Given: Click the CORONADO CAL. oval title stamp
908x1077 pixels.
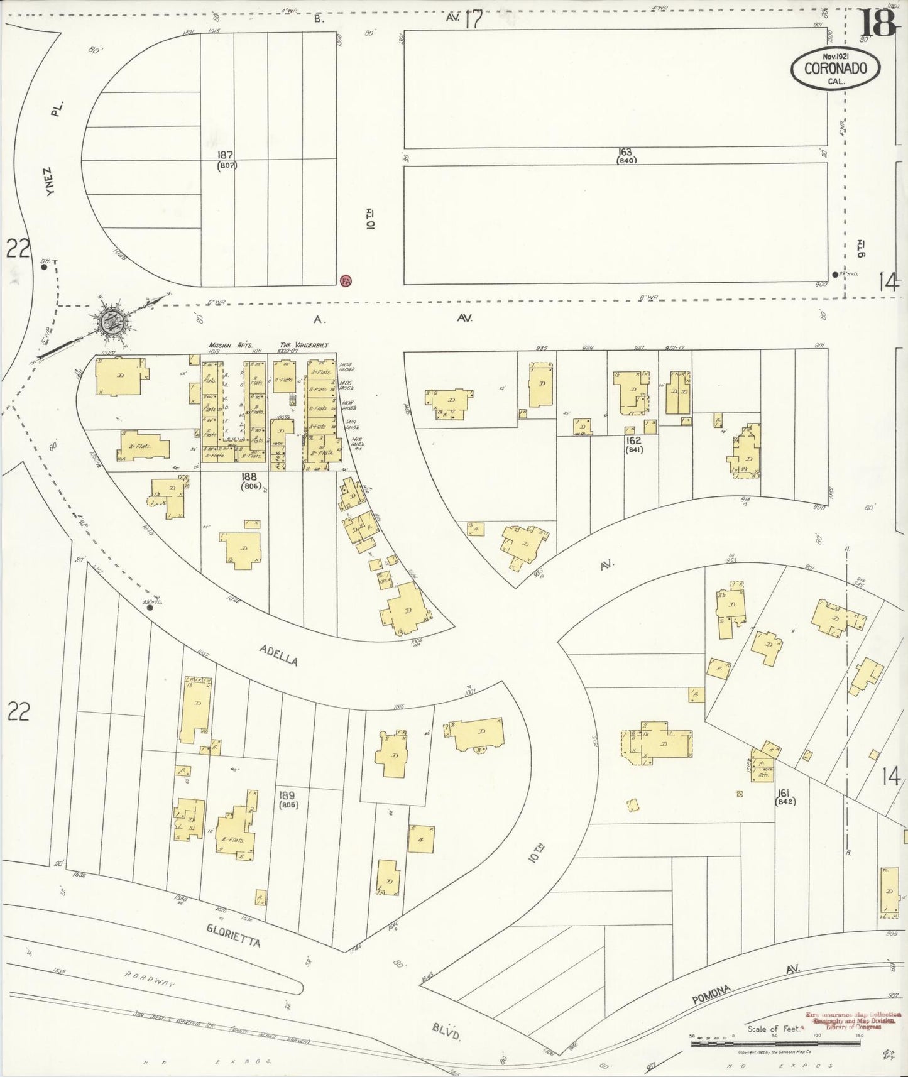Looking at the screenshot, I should tap(835, 69).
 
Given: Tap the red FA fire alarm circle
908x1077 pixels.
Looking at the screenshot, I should tap(345, 281).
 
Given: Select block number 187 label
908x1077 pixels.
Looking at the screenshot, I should tap(226, 155).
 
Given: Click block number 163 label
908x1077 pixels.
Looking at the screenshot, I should tap(625, 152).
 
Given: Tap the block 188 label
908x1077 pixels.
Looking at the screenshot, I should tap(249, 476).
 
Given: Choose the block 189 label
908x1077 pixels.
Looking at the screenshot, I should tap(288, 795).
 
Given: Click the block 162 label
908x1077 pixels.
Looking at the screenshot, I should tap(633, 440).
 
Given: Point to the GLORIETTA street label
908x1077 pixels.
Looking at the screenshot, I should tap(232, 935).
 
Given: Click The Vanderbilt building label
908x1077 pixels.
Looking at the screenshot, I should tap(304, 345).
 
